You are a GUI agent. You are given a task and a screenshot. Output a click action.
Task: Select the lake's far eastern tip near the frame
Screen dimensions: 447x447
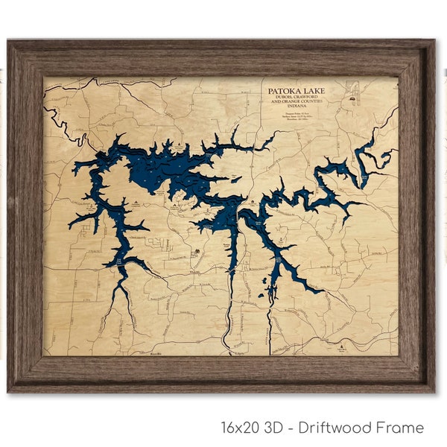click(x=388, y=152)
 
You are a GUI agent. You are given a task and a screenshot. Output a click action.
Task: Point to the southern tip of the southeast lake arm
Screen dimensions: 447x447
click(x=320, y=291)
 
